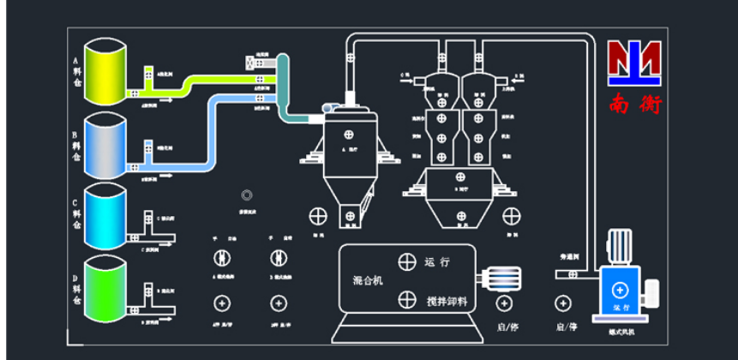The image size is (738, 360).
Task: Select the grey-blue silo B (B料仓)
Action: [x=104, y=146]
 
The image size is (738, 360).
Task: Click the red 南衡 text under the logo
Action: [x=635, y=104]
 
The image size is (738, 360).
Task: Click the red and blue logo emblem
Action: [x=635, y=62]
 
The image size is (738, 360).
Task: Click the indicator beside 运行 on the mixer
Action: [x=406, y=262]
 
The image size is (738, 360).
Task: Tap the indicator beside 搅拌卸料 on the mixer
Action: [x=406, y=298]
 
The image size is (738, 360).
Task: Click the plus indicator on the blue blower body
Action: [x=621, y=291]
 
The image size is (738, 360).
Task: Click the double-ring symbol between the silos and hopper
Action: [x=247, y=195]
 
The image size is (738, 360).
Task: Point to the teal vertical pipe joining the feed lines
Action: [x=283, y=86]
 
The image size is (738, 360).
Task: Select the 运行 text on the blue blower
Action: [x=621, y=305]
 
